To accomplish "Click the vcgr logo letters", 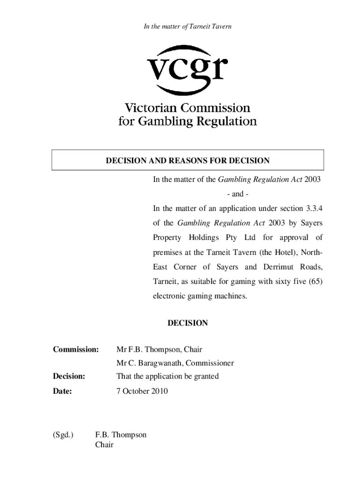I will (x=187, y=70).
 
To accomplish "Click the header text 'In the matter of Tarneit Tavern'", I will (x=187, y=27).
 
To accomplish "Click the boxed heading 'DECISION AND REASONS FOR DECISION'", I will (x=187, y=161).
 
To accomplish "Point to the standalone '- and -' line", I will (x=238, y=194).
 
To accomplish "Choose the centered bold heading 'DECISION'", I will (x=187, y=323).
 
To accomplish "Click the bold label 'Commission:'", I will (x=76, y=349).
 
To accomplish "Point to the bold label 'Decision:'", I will (x=69, y=376).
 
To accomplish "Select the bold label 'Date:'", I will (x=62, y=391).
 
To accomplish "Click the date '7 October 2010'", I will (x=142, y=391).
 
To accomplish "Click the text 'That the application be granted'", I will (x=167, y=376).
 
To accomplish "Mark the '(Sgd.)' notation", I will (x=63, y=435).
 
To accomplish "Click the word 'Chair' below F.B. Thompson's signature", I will (x=104, y=444).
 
